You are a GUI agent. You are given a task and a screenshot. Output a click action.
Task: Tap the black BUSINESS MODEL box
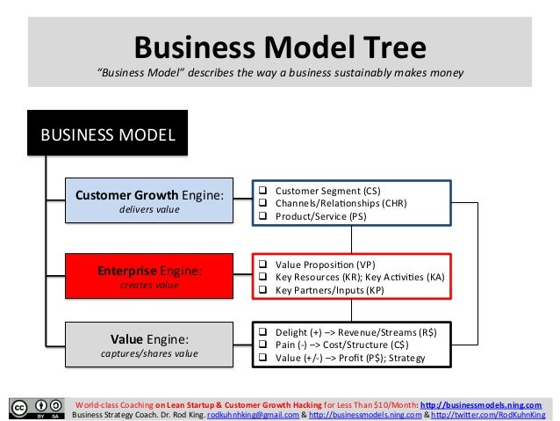108,134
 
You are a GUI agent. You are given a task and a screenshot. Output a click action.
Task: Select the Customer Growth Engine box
147,200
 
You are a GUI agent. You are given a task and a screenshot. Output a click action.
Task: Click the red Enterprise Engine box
147,275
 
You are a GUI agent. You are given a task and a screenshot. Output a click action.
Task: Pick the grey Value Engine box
147,345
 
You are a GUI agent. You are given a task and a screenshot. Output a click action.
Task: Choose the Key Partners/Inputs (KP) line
329,289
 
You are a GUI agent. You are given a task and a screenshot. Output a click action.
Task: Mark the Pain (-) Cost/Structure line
337,345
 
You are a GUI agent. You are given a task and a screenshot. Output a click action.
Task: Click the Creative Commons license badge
36,408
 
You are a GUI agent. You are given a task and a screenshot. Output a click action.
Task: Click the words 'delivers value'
147,210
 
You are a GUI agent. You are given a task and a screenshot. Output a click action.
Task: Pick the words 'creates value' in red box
147,285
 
